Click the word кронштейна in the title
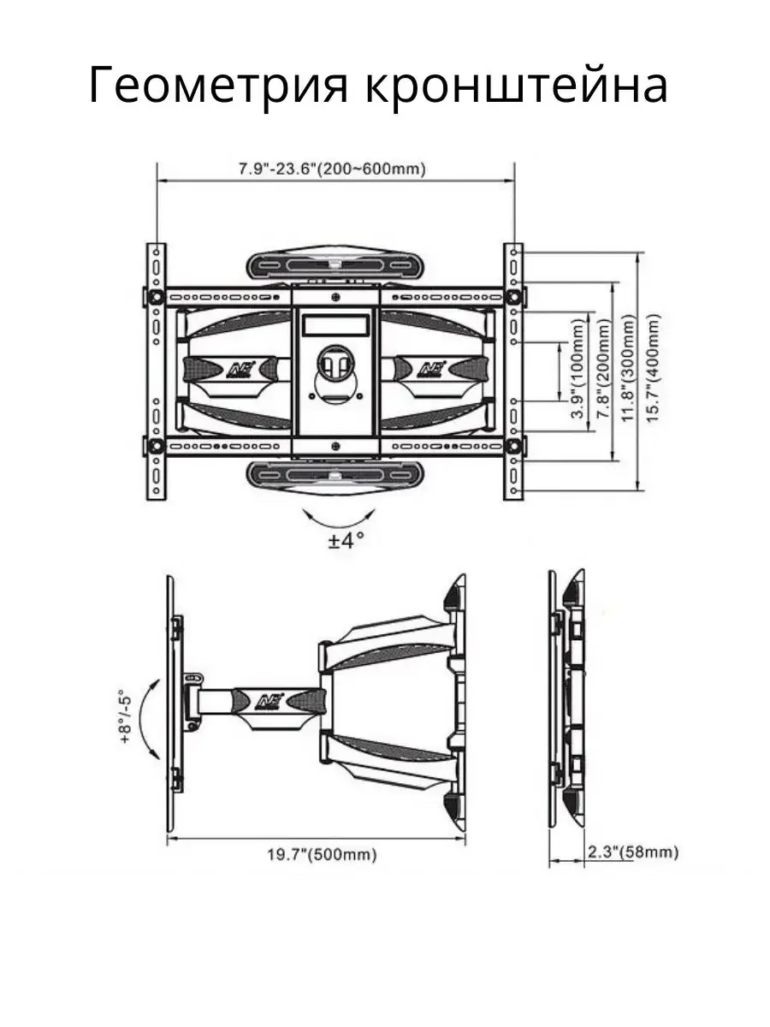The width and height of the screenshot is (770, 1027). (516, 85)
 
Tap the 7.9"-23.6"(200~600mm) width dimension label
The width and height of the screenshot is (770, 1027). (333, 169)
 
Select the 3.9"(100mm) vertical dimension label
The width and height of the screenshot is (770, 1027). (578, 368)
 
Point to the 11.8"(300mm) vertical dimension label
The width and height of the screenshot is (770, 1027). (629, 368)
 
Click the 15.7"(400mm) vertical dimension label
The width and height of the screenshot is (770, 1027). (653, 368)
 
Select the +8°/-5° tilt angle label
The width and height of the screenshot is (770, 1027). (126, 716)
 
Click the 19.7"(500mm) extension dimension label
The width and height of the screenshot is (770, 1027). (322, 855)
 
